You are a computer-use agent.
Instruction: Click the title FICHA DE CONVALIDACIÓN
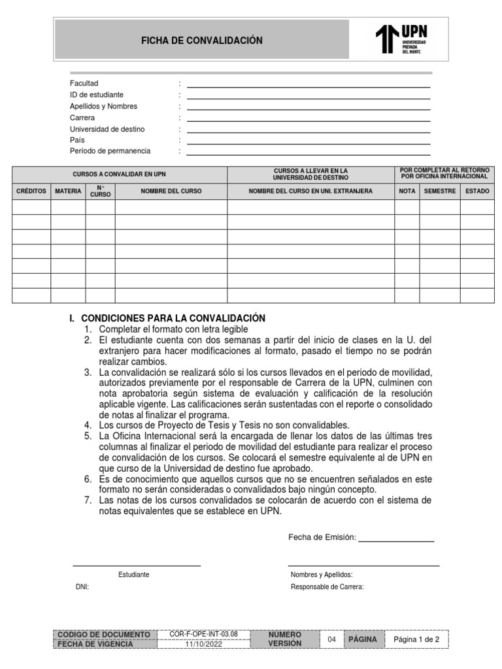point(202,41)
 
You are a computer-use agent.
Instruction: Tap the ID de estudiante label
point(97,95)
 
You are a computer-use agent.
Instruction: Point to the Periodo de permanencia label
point(110,151)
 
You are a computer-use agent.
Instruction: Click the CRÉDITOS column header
point(31,191)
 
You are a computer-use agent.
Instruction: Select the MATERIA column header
point(68,191)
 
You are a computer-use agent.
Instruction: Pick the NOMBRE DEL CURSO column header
point(171,191)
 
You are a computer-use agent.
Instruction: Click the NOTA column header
point(407,191)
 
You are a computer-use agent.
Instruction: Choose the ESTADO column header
point(477,191)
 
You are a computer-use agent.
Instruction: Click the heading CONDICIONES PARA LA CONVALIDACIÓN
point(173,318)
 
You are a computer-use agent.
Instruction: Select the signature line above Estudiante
point(136,565)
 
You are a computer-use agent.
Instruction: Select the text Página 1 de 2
point(416,639)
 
